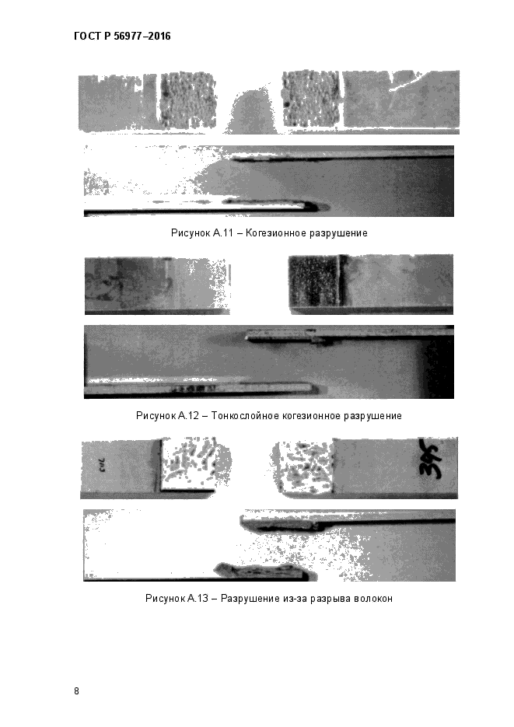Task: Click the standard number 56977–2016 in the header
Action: pos(142,37)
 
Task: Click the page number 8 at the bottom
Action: pos(76,690)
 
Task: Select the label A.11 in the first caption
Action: pos(223,232)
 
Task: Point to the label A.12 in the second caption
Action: pos(188,415)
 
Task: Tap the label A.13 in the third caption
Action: pos(198,598)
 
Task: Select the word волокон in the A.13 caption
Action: pos(373,599)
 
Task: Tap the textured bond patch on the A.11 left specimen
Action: pos(188,100)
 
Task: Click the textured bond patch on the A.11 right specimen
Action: pos(312,98)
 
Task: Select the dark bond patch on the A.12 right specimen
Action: pos(316,281)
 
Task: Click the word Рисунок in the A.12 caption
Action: pos(156,415)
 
